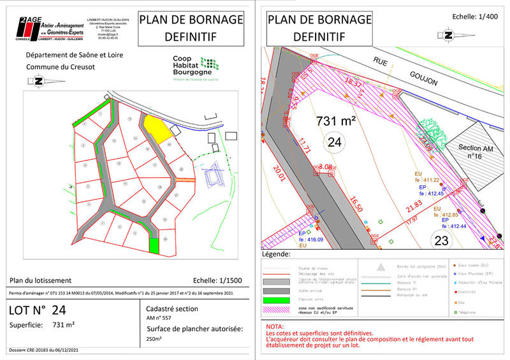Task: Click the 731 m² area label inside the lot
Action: (x=336, y=120)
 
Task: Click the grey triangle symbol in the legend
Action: (x=381, y=266)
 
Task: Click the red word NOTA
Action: (x=277, y=326)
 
